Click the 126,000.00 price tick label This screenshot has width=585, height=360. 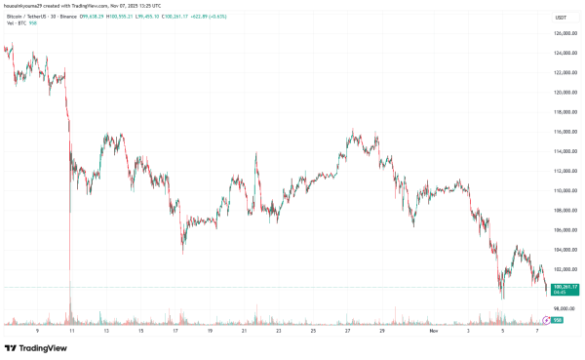559,34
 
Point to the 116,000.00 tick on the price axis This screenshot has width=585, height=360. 559,132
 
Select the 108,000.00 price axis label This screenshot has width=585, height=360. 559,210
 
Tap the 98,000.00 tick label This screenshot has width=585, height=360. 559,308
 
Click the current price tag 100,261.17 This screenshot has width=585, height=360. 559,286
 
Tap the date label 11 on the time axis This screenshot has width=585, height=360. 70,331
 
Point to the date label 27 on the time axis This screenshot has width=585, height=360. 348,331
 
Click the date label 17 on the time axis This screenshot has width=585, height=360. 175,331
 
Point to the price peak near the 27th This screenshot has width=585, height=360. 351,130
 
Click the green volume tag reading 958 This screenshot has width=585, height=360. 557,319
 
